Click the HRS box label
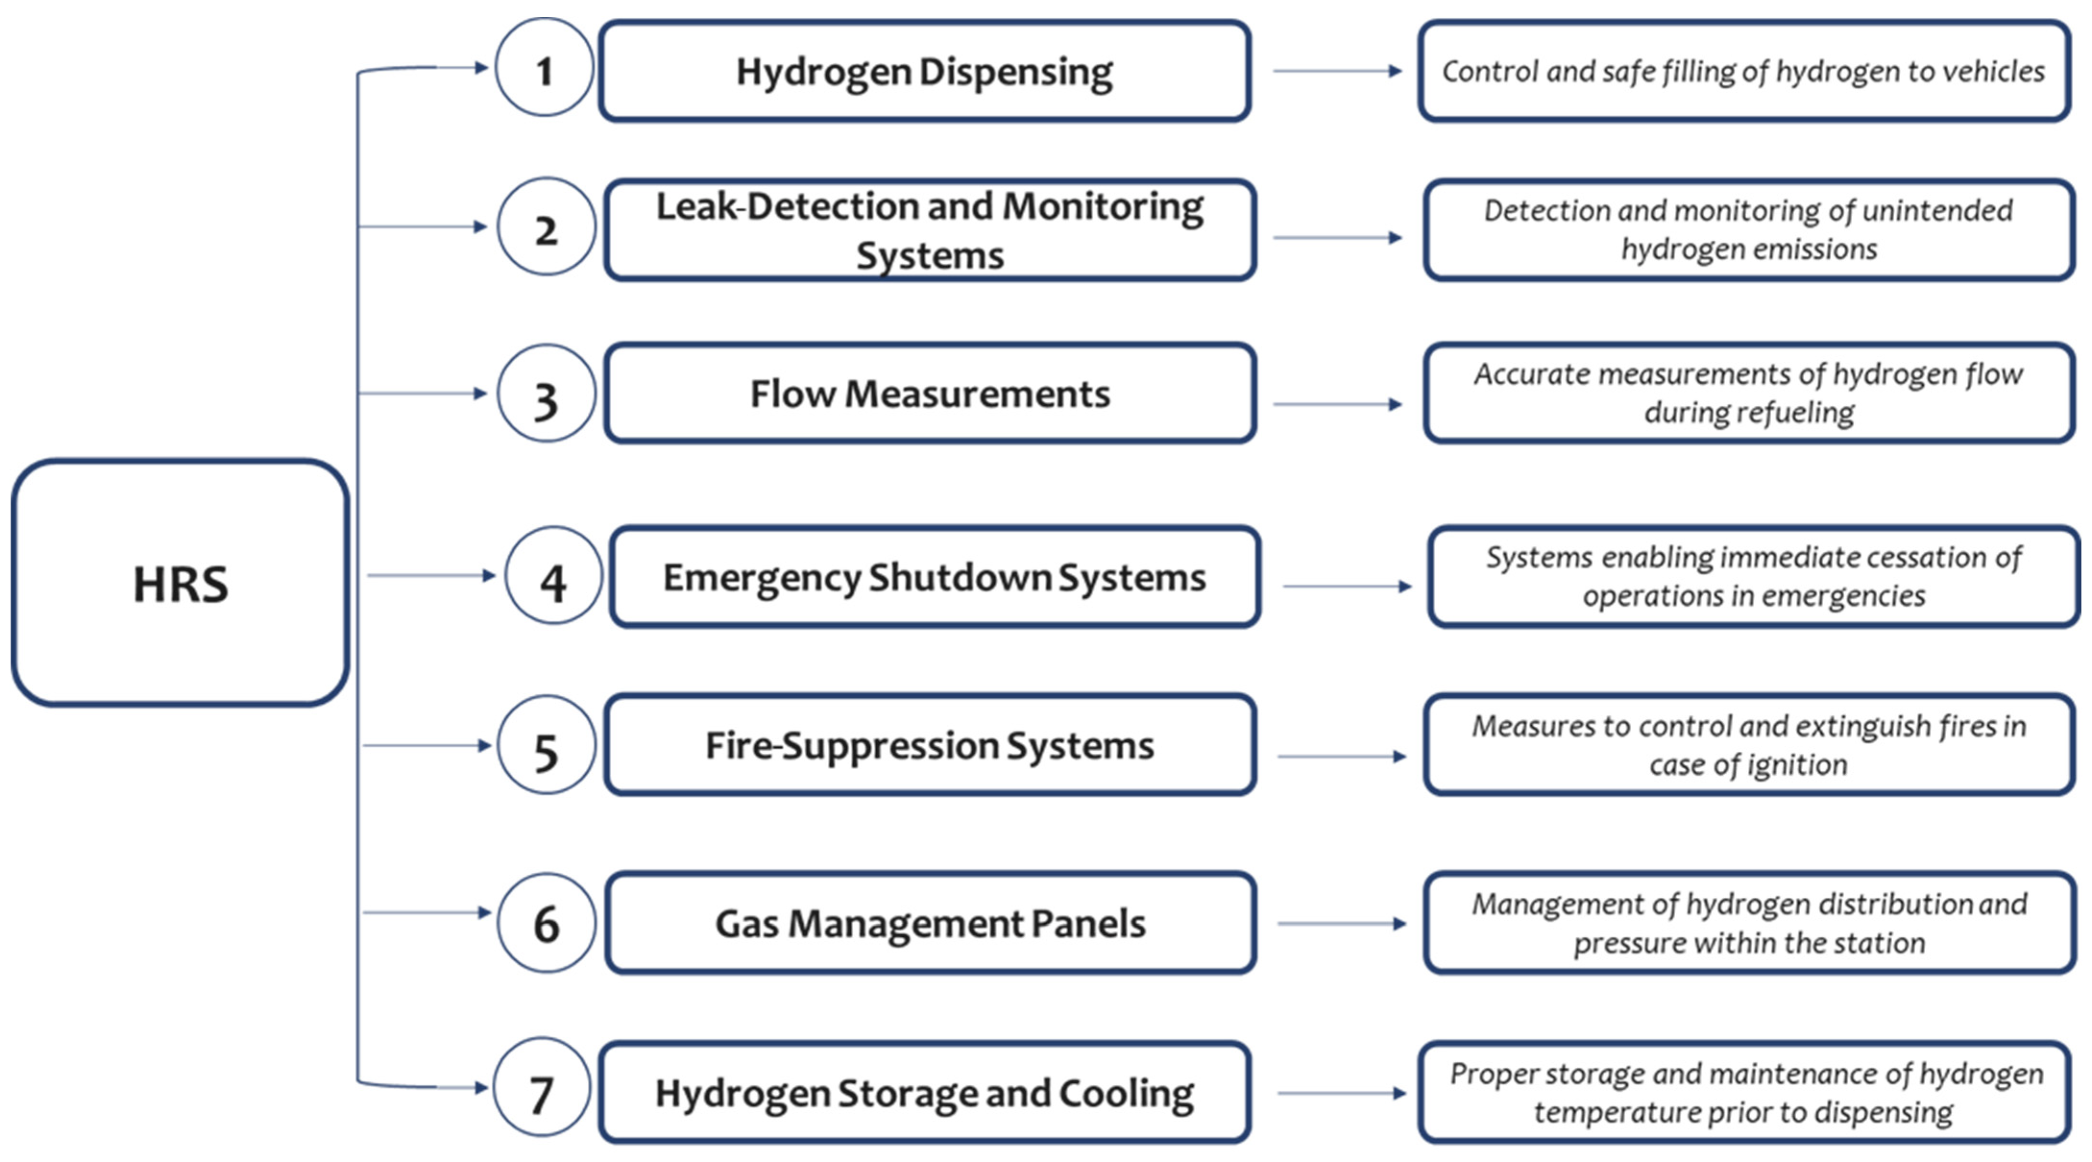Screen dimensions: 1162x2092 point(180,584)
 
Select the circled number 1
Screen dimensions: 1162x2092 point(544,69)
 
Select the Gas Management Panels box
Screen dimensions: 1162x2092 point(930,923)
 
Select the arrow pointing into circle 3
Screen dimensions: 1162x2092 point(423,393)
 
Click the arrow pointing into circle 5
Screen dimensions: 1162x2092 point(426,745)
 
